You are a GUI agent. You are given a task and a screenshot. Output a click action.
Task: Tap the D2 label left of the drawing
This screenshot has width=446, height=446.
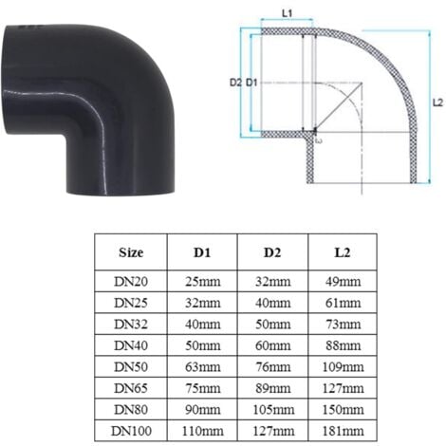click(x=235, y=84)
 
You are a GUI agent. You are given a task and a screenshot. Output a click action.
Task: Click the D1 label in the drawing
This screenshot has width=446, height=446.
click(x=251, y=84)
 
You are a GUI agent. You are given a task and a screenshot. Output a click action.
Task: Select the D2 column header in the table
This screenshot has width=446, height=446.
click(x=272, y=253)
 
